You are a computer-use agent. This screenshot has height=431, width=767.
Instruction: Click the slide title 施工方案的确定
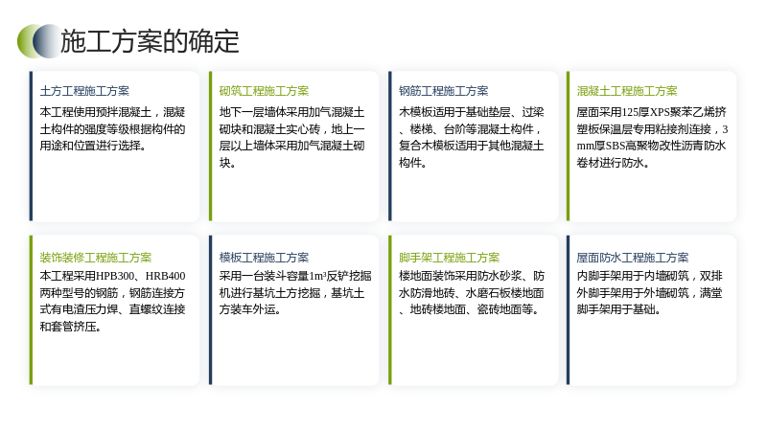[150, 41]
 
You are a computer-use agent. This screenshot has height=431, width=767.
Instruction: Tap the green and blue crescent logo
[39, 41]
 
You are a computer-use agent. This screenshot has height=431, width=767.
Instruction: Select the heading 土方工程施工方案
[84, 91]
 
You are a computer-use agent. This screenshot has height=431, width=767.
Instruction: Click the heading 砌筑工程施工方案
[265, 91]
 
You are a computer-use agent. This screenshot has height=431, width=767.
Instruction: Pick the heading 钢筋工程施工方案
[444, 91]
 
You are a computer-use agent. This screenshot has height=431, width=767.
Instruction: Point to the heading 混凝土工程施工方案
[627, 91]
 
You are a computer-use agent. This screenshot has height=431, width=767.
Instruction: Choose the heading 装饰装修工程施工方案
[96, 258]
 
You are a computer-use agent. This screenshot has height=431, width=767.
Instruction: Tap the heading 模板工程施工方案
[265, 258]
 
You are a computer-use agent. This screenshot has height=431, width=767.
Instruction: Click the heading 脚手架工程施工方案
[449, 258]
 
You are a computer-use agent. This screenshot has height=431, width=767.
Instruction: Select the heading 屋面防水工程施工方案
[633, 258]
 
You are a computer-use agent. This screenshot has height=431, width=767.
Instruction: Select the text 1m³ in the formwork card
[317, 276]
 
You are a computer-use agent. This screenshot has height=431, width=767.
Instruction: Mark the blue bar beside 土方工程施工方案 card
[32, 147]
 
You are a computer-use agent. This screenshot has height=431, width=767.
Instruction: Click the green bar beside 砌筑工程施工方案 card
[211, 147]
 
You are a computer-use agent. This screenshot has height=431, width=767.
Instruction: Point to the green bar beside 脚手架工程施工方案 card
[390, 309]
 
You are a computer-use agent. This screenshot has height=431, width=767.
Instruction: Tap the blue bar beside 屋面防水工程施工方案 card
[569, 309]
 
